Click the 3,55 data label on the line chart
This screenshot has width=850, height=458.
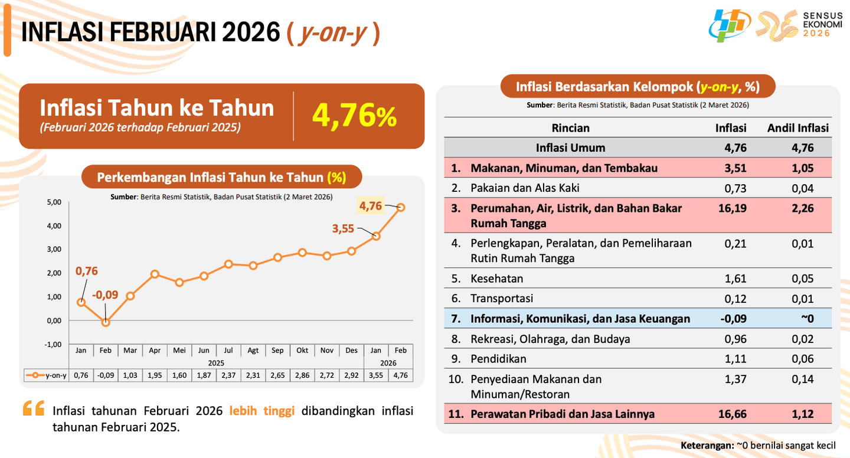[x=343, y=228]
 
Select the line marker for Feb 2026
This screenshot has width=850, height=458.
[x=401, y=207]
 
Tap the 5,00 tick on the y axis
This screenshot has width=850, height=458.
[x=53, y=202]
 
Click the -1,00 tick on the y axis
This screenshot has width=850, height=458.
[x=53, y=344]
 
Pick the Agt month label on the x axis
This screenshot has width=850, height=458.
[x=253, y=351]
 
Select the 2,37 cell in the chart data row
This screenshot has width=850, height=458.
[x=228, y=375]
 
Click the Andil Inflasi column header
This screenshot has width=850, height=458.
[x=797, y=128]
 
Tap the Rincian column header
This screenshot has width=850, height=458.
[x=570, y=128]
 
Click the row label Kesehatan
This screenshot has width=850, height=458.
[x=497, y=279]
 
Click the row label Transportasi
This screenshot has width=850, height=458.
[x=502, y=299]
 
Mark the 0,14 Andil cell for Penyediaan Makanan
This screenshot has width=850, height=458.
[x=803, y=379]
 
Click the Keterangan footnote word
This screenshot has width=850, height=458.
[x=707, y=445]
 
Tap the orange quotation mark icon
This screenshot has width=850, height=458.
[x=34, y=409]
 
